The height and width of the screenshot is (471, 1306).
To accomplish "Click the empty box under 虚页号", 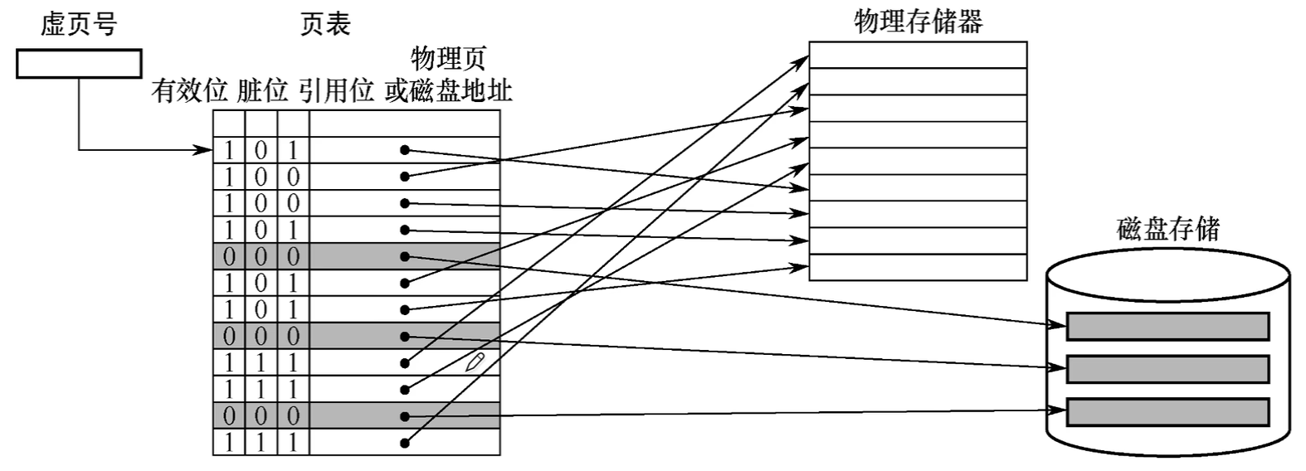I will click(79, 64).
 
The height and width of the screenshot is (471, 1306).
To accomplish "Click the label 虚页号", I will click(79, 24).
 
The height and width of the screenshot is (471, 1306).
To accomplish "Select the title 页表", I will click(324, 24).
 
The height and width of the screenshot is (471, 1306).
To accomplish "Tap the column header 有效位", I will click(189, 90).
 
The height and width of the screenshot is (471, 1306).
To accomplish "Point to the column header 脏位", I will click(262, 90).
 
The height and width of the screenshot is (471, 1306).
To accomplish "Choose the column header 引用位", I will click(336, 90).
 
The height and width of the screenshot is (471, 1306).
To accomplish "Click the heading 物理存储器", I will click(918, 21).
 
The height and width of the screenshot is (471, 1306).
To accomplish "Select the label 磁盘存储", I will click(1168, 228).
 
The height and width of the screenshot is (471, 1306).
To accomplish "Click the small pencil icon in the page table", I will click(475, 361).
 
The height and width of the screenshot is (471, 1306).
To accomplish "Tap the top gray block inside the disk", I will click(1167, 326).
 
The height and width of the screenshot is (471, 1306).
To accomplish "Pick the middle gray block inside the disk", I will click(1167, 369).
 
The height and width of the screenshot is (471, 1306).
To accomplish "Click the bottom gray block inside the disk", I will click(1167, 412).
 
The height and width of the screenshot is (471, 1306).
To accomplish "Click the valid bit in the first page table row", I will click(229, 150).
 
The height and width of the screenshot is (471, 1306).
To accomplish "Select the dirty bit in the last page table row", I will click(261, 442).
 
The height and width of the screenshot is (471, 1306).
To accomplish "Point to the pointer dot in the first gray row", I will click(405, 256).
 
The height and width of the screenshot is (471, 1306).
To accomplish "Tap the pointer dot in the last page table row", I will click(405, 442).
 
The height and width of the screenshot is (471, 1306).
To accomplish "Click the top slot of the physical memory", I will click(918, 56).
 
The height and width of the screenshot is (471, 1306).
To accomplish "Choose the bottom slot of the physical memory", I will click(918, 267).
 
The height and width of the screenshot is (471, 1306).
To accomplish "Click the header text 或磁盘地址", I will click(448, 90).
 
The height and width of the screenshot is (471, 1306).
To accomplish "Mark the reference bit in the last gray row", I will click(293, 415).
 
